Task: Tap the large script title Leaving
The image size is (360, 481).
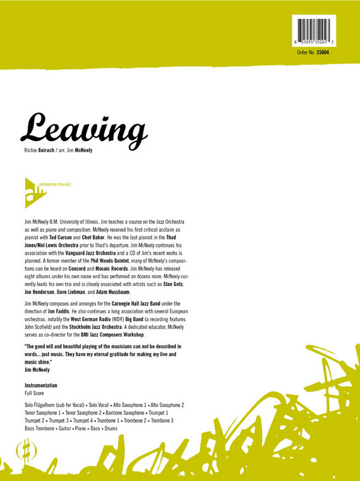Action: click(x=84, y=127)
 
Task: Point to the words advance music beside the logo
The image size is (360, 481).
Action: click(x=59, y=184)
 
